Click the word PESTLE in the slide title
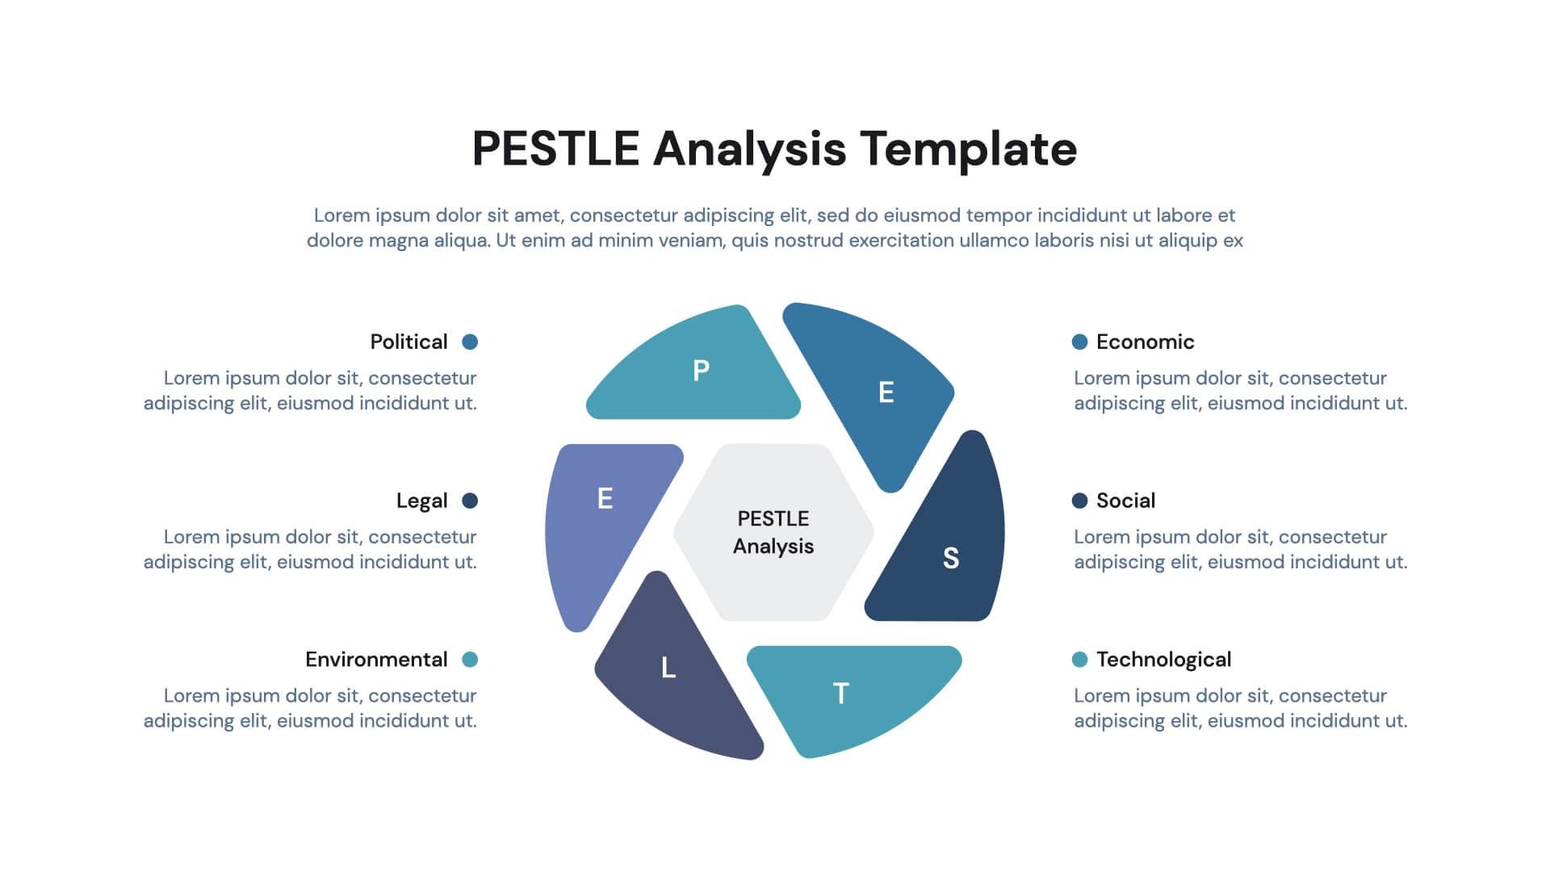point(555,149)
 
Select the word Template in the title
point(968,150)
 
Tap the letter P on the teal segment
point(702,371)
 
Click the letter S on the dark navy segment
point(951,558)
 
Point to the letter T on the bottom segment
point(840,694)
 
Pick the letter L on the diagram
point(668,668)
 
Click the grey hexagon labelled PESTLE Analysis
point(773,532)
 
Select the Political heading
point(408,342)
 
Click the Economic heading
point(1145,342)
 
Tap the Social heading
point(1125,501)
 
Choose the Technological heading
point(1163,660)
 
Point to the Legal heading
point(421,501)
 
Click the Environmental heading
point(376,660)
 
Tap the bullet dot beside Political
point(470,342)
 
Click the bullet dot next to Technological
point(1079,660)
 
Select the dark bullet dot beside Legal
point(470,501)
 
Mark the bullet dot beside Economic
point(1079,342)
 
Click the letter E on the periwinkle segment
point(605,498)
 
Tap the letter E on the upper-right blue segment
point(886,392)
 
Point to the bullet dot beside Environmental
point(470,660)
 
